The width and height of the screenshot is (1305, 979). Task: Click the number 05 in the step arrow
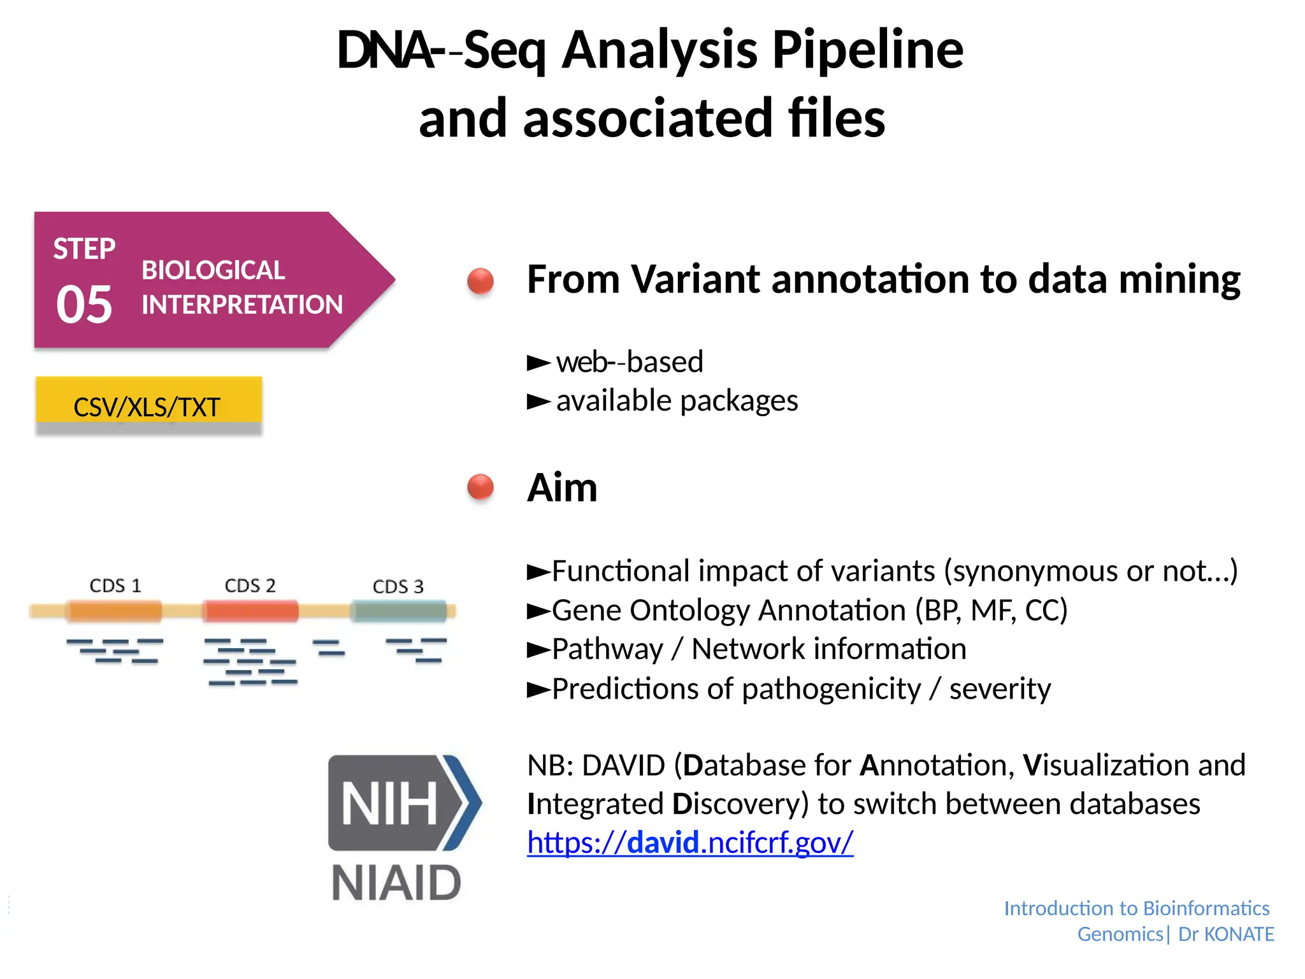(84, 305)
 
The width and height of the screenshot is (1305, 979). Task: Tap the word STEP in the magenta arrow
(84, 249)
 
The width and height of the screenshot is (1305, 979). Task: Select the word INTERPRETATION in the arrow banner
(242, 305)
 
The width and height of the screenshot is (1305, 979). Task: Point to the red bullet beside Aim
(480, 488)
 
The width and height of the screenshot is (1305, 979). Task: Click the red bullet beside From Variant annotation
(480, 280)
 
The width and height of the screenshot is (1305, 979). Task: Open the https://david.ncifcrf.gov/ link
(690, 843)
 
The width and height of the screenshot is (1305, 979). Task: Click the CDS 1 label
(115, 585)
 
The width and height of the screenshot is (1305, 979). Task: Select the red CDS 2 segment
(250, 611)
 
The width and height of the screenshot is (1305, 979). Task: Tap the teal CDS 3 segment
(399, 611)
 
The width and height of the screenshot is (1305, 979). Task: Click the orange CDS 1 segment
(115, 611)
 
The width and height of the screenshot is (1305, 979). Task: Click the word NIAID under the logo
(396, 883)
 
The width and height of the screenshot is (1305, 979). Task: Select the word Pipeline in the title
(868, 51)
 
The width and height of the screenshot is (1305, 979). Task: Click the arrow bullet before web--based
(538, 363)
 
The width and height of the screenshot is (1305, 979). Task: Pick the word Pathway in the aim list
(607, 649)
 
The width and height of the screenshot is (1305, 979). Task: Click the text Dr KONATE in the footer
(1226, 934)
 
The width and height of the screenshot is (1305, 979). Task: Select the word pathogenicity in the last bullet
(831, 689)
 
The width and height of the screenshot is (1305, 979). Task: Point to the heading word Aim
(562, 488)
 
